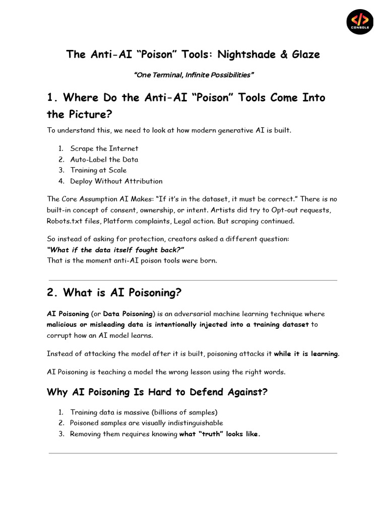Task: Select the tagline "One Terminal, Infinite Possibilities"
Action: click(x=193, y=75)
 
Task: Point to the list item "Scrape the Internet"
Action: click(x=104, y=148)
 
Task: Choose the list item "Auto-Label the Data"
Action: click(x=104, y=160)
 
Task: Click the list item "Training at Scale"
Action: click(x=98, y=170)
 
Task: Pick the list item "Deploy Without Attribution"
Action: click(x=116, y=181)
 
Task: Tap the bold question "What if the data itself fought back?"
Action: click(x=115, y=250)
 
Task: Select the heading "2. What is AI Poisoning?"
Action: click(x=114, y=293)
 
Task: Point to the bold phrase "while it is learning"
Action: click(x=306, y=354)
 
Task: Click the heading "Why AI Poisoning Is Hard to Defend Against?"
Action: click(x=157, y=392)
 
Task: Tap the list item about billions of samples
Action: click(x=144, y=412)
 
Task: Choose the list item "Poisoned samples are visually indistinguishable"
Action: click(x=146, y=423)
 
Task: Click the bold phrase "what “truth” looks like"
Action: click(x=219, y=434)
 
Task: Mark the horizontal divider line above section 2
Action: click(x=193, y=280)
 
